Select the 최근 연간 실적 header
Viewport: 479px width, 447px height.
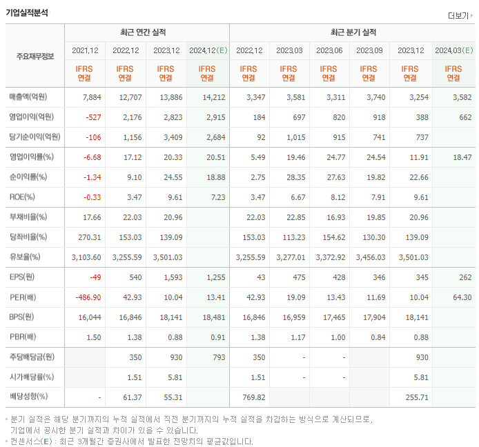pyautogui.click(x=147, y=32)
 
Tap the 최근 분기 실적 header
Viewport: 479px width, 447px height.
pyautogui.click(x=353, y=32)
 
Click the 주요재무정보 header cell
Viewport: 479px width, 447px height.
pyautogui.click(x=35, y=56)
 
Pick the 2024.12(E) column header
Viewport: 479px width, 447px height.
pyautogui.click(x=208, y=50)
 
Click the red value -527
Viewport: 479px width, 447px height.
pyautogui.click(x=93, y=117)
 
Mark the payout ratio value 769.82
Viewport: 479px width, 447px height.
pyautogui.click(x=251, y=397)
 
